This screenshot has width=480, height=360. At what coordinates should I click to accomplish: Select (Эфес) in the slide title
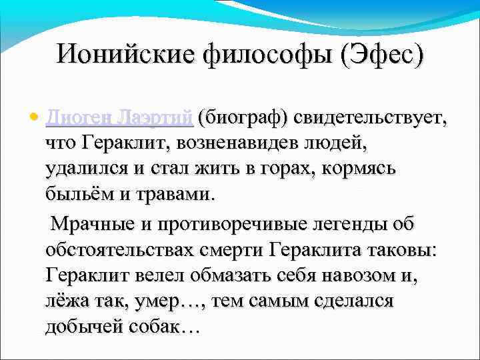pyautogui.click(x=381, y=54)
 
